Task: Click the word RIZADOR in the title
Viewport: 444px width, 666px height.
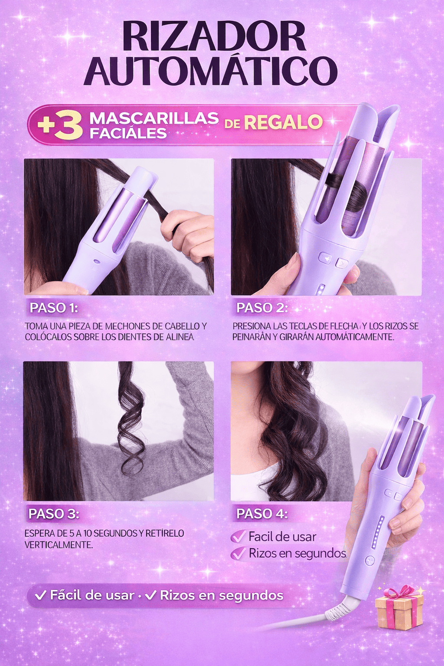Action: pos(215,36)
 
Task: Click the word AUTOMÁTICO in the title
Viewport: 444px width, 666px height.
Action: pos(211,71)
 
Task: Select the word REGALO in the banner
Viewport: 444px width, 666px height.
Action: pos(284,122)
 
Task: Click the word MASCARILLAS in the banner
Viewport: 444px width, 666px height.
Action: pos(154,118)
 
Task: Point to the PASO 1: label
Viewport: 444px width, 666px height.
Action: pos(53,308)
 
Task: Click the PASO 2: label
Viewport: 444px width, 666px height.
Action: pos(262,308)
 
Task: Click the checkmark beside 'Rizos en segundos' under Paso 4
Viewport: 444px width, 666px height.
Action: pos(238,553)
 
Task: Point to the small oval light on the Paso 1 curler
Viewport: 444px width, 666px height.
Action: pos(97,261)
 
